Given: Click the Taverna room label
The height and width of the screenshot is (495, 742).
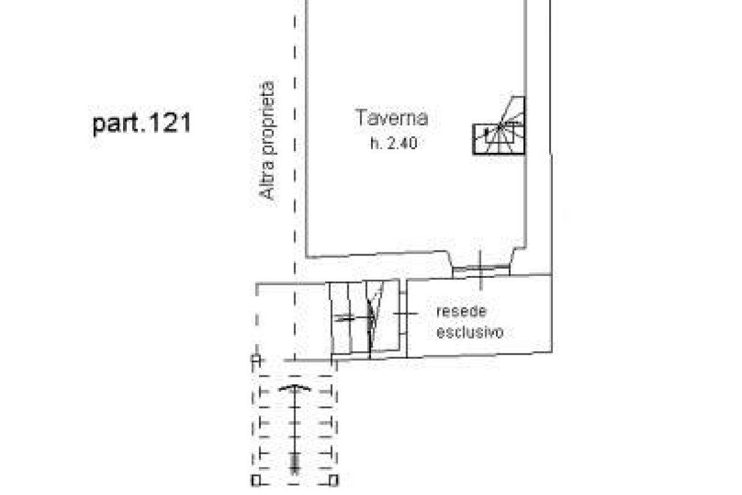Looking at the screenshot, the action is point(391,118).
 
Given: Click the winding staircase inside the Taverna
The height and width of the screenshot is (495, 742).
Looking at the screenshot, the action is point(499,126).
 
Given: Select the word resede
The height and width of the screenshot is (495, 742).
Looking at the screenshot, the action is point(461,311).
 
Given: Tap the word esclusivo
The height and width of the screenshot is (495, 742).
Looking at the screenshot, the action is point(470,332).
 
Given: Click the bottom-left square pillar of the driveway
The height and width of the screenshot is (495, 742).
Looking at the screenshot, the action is point(256,480).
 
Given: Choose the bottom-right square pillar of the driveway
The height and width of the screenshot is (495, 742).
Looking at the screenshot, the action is point(333,480).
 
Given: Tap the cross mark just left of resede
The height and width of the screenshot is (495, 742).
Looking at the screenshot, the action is point(406,313).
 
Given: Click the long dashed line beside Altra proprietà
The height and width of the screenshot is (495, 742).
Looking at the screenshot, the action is point(295,179).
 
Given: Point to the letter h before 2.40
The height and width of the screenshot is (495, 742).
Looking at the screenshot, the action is point(374,144).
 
